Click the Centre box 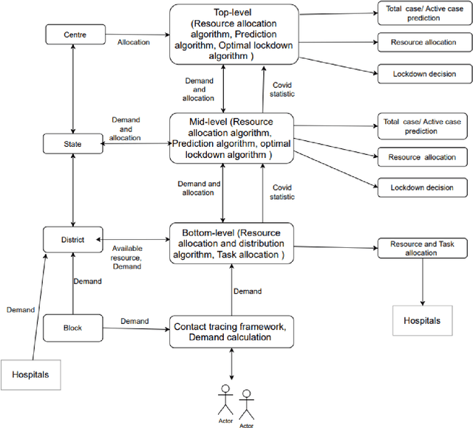point(72,33)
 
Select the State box point(72,144)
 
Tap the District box point(72,239)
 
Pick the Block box point(72,328)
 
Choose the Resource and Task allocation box point(423,248)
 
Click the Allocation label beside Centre point(133,43)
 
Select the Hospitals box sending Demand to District point(30,375)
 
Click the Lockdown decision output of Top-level point(423,74)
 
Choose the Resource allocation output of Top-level point(423,42)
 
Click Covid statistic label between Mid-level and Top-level point(283,89)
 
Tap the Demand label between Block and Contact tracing point(135,322)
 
